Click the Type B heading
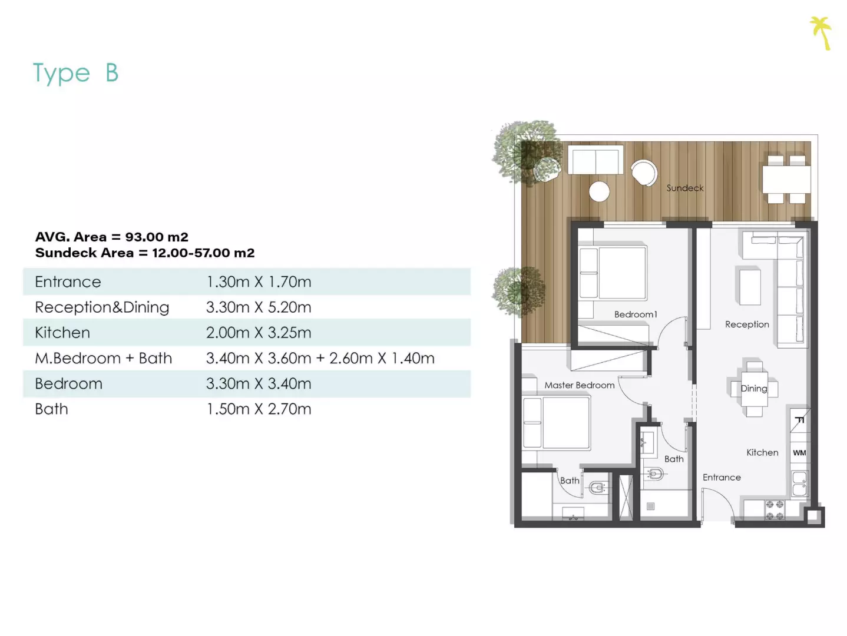tap(75, 73)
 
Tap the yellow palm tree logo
tap(821, 33)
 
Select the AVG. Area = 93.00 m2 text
tap(112, 236)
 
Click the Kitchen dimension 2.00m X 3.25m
tap(259, 333)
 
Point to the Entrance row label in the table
tap(68, 281)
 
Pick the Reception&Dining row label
tap(102, 307)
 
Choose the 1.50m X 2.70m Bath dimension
tap(259, 409)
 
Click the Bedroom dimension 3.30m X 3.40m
tap(259, 383)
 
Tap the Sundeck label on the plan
tap(685, 188)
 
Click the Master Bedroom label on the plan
tap(579, 385)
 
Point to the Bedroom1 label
tap(635, 314)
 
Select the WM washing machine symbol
tap(799, 452)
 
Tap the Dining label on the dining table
tap(753, 389)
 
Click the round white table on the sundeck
tap(599, 191)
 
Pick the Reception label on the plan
tap(747, 324)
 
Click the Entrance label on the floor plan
tap(722, 478)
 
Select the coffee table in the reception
tap(750, 287)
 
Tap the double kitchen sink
tap(799, 483)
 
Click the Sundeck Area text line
tap(145, 253)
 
